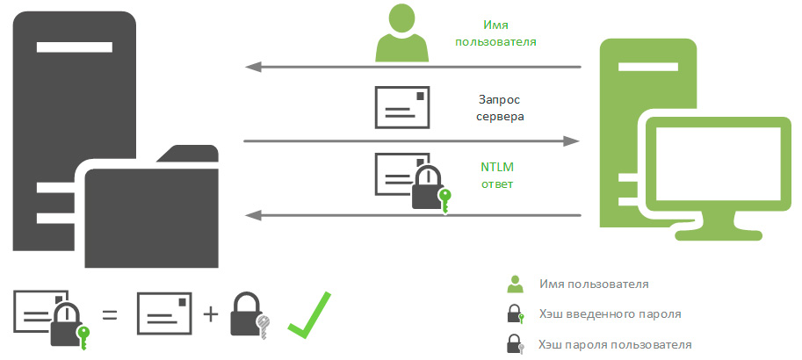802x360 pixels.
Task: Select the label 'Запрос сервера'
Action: point(502,107)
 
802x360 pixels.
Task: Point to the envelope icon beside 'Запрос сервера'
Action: point(402,107)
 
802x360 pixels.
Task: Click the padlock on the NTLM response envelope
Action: point(427,190)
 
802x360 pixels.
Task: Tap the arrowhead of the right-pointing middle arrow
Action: point(573,140)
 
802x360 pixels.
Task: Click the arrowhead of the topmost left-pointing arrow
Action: point(251,67)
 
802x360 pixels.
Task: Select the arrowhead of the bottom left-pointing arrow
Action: point(251,213)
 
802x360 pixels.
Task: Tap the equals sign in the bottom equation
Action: point(110,313)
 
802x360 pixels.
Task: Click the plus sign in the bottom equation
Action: point(210,313)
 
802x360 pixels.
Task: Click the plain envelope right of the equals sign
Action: point(164,313)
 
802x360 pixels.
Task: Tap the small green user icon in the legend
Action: point(515,284)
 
